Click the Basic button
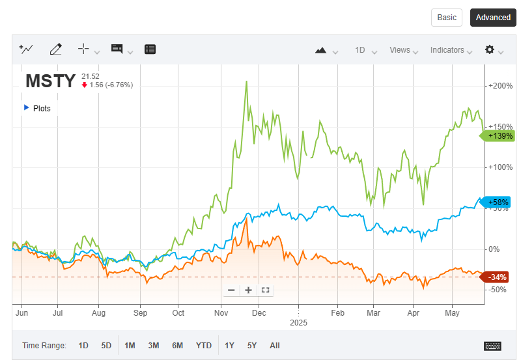(x=447, y=18)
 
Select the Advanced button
(x=493, y=18)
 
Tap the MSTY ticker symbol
(x=50, y=81)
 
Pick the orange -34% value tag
(x=498, y=277)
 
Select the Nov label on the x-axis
(x=221, y=312)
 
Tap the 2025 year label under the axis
(x=298, y=322)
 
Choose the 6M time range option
(x=177, y=345)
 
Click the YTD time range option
(x=204, y=345)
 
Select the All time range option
(x=274, y=345)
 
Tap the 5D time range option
(x=106, y=345)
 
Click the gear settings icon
(x=490, y=49)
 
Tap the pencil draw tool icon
(x=55, y=49)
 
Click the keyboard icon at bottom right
(x=492, y=345)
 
